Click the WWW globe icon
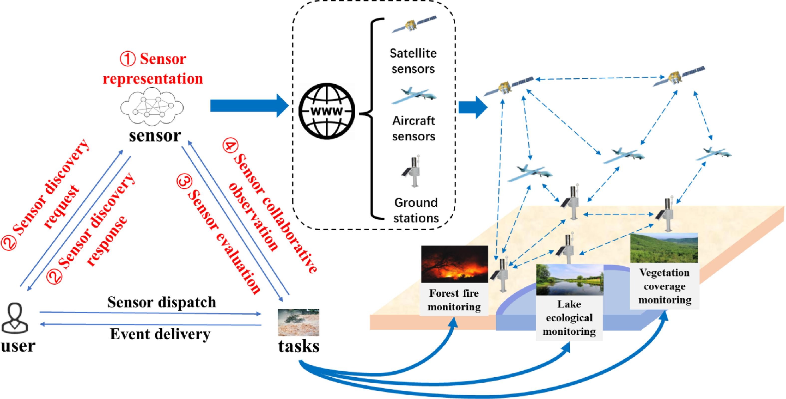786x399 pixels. (x=326, y=111)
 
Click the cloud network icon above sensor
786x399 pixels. (x=152, y=107)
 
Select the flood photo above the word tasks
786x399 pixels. (x=298, y=322)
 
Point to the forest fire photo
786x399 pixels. (x=454, y=264)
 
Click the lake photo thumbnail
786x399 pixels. (x=569, y=280)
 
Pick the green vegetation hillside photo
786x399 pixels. (x=664, y=248)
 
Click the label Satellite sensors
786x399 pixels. (x=413, y=61)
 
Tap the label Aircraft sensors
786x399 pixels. (x=413, y=129)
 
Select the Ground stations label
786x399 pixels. (x=416, y=210)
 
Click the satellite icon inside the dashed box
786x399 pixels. (x=414, y=24)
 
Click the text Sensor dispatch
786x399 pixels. (x=161, y=302)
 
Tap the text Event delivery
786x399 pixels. (x=160, y=334)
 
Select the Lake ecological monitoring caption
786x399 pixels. (x=569, y=318)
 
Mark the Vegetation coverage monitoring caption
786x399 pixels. (x=664, y=286)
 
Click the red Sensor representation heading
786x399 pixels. (x=153, y=69)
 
